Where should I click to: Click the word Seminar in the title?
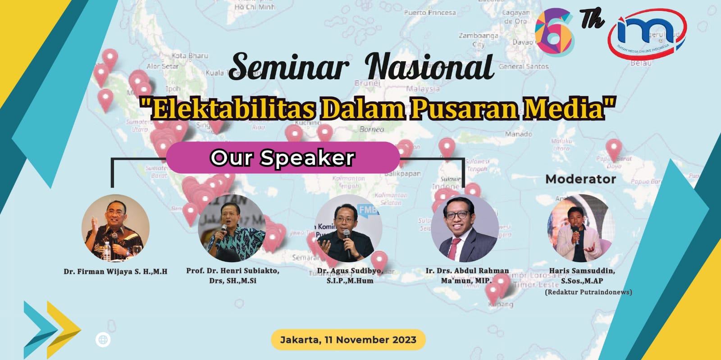(289, 67)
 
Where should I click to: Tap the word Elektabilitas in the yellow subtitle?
(233, 109)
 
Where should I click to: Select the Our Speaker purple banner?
(283, 158)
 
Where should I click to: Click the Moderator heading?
(580, 179)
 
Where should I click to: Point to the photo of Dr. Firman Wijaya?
(115, 228)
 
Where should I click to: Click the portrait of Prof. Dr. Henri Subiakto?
(232, 229)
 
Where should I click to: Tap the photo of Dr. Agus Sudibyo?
(348, 228)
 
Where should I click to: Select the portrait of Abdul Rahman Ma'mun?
(465, 228)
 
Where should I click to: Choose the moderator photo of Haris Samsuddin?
(581, 228)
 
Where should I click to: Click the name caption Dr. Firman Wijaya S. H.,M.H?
(115, 271)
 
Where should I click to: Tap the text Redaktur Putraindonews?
(588, 292)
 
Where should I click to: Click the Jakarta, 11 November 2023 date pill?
(348, 340)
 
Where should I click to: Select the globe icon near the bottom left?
(103, 340)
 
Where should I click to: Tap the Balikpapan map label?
(403, 173)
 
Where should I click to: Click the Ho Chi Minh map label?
(255, 7)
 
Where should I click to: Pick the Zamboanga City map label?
(479, 40)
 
